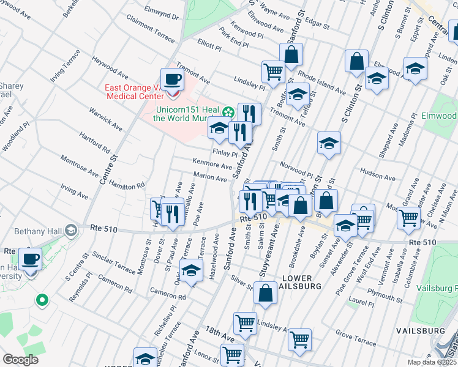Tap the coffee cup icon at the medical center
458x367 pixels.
[173, 80]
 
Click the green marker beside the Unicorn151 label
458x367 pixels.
[228, 111]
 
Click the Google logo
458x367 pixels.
[20, 360]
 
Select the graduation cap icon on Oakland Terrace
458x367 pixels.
[192, 270]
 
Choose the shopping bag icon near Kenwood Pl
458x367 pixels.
[291, 55]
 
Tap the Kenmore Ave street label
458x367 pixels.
[212, 164]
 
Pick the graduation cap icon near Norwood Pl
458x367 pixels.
[329, 144]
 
